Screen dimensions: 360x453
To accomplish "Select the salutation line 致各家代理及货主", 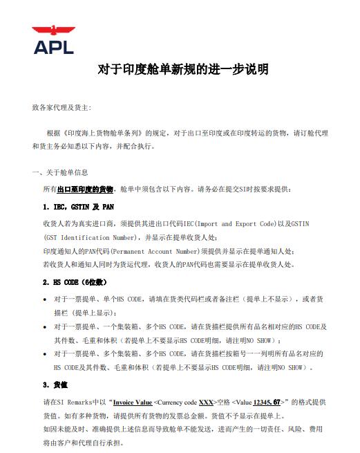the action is click(x=61, y=108).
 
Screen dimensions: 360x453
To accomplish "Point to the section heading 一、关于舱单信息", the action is click(x=60, y=172).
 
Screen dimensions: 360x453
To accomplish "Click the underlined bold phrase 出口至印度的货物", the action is click(x=85, y=189).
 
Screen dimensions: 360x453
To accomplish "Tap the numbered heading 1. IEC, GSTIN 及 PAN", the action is click(x=78, y=206).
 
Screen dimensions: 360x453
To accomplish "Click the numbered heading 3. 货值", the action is click(x=57, y=384).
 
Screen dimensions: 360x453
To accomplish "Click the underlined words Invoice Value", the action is click(x=133, y=402).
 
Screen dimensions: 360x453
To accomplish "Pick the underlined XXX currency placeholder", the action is click(x=205, y=402).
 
